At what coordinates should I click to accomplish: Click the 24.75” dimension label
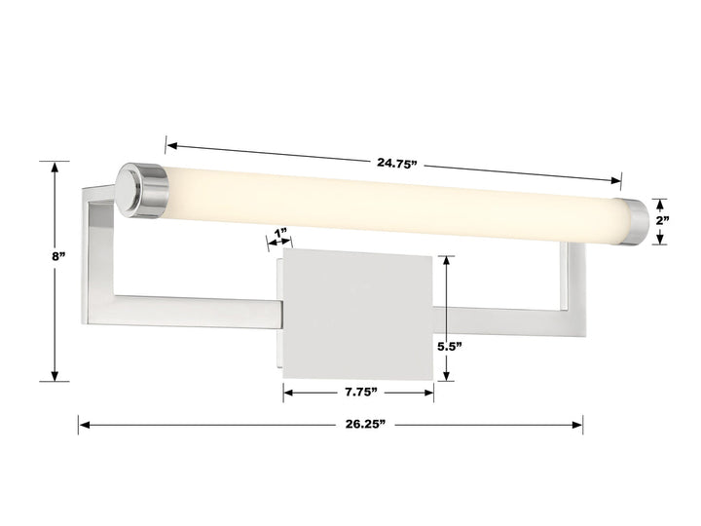(x=396, y=163)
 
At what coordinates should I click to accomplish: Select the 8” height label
(x=59, y=256)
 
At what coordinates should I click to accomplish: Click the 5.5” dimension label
(x=450, y=345)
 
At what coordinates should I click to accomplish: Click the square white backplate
(x=356, y=312)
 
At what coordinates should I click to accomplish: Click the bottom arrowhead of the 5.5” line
(x=447, y=375)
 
